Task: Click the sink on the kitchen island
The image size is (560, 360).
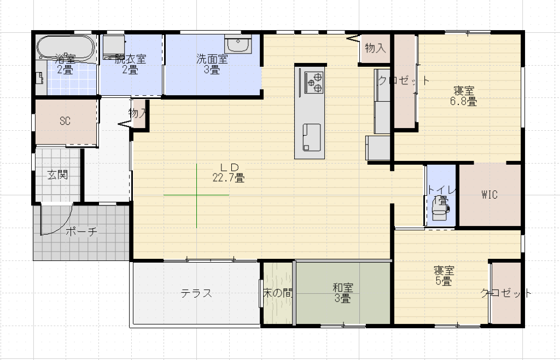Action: tap(312, 137)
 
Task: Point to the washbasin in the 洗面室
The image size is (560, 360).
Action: tap(238, 44)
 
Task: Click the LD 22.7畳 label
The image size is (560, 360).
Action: tap(229, 172)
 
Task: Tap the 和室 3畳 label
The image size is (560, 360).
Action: tap(343, 293)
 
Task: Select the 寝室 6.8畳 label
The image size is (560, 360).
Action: tap(463, 96)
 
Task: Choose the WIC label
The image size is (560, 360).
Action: tap(489, 195)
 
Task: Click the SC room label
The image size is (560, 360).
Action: tap(65, 121)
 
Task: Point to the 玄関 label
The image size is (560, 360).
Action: tap(57, 175)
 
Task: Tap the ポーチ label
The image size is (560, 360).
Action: tap(81, 231)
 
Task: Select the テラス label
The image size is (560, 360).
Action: tap(196, 293)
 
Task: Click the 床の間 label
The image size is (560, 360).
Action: tap(277, 293)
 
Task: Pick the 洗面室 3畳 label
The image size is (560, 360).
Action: tap(212, 64)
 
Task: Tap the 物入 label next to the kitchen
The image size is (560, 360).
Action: tap(375, 48)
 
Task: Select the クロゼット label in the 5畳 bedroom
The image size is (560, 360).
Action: tap(506, 293)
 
